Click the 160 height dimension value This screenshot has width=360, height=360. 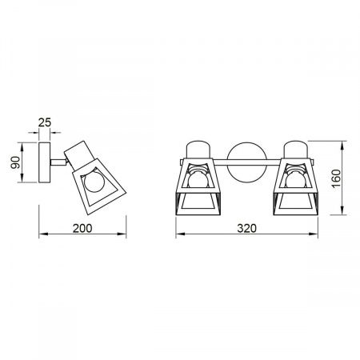click(337, 180)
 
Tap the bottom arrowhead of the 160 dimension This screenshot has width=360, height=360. click(342, 214)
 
